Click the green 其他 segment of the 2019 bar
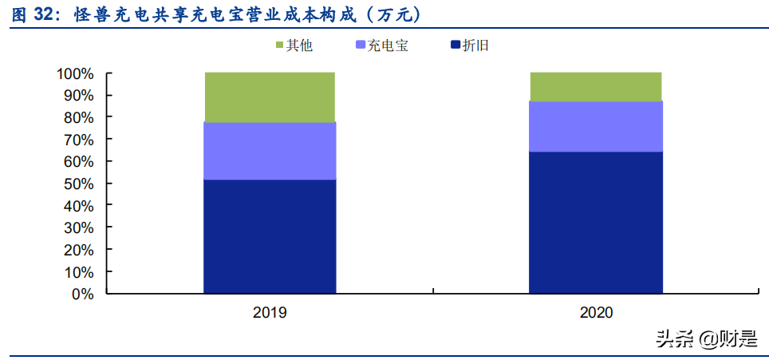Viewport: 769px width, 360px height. [x=269, y=97]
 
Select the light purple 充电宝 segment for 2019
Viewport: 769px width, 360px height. [x=269, y=151]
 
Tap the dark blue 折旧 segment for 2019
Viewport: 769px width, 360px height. [x=269, y=236]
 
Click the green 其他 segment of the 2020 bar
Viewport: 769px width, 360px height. [x=595, y=86]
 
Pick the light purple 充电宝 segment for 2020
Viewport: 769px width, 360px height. [x=595, y=126]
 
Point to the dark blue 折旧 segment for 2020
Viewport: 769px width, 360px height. [x=595, y=223]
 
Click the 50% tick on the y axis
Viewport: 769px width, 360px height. [x=79, y=184]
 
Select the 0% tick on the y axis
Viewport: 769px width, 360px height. [x=83, y=295]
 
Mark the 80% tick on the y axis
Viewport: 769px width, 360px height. [x=79, y=118]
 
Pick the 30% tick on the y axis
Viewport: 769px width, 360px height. [x=79, y=228]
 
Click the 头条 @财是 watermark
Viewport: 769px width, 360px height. [x=705, y=339]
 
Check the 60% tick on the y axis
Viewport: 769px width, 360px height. [x=79, y=162]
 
